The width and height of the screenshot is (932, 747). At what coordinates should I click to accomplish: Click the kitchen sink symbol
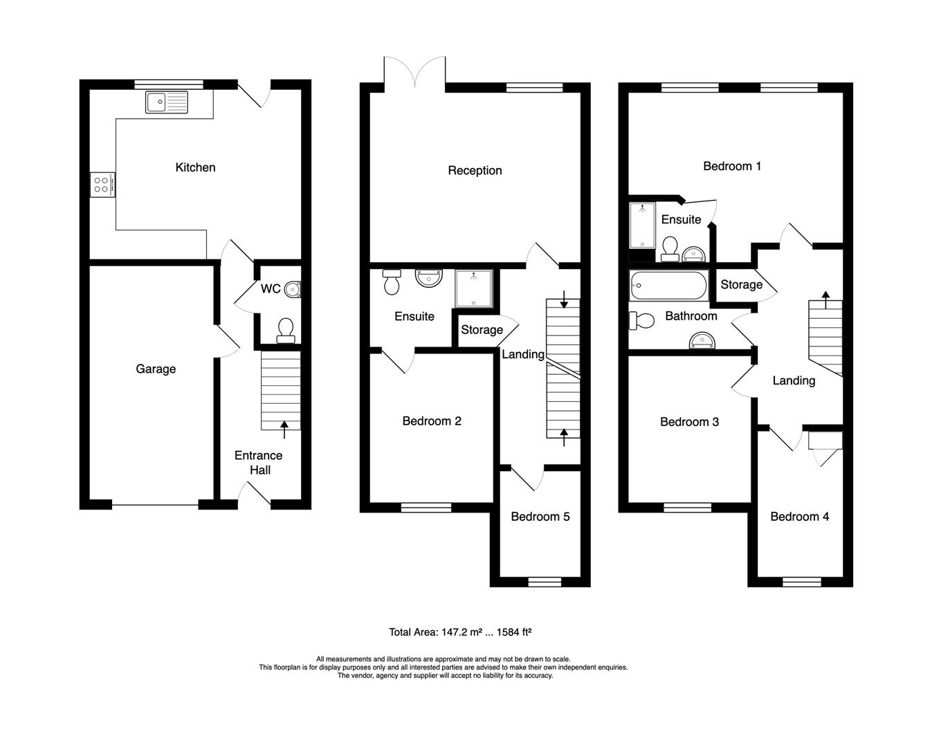pos(166,102)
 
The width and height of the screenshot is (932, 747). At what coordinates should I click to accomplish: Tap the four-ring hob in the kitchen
pos(102,184)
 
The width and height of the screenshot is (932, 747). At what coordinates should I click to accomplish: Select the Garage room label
pos(156,369)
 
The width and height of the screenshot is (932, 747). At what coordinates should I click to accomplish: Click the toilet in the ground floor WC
pos(284,330)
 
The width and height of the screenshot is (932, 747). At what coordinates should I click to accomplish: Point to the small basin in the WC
pos(293,289)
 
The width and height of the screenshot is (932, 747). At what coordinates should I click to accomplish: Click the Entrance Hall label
pos(258,463)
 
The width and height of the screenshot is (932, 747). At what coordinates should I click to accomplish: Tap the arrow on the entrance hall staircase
pos(284,430)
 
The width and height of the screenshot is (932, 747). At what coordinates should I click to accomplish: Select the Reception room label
pos(475,171)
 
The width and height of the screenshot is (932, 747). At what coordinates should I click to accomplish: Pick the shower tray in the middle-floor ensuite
pos(474,288)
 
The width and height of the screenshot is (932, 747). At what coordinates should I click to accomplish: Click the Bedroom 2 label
pos(432,421)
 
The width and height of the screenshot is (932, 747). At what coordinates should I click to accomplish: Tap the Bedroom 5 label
pos(540,517)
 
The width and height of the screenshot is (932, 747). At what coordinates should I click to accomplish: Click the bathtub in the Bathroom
pos(668,286)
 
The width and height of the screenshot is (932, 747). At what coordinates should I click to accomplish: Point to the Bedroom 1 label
pos(732,166)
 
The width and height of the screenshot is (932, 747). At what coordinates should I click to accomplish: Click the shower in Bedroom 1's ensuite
pos(641,225)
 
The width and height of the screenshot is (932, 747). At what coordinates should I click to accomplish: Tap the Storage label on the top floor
pos(741,285)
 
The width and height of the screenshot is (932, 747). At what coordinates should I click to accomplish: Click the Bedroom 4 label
pos(799,517)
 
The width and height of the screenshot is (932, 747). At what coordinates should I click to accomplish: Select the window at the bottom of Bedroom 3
pos(687,508)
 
